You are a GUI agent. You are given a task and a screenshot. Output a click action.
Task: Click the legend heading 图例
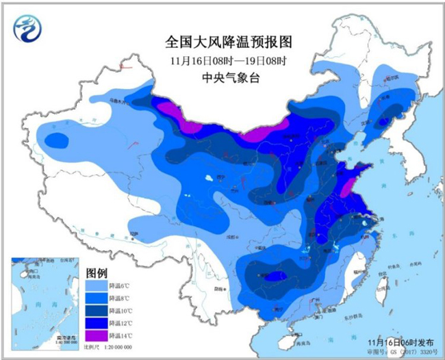tap(97, 272)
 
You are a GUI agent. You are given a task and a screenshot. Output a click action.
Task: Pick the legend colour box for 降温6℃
tap(95, 285)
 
